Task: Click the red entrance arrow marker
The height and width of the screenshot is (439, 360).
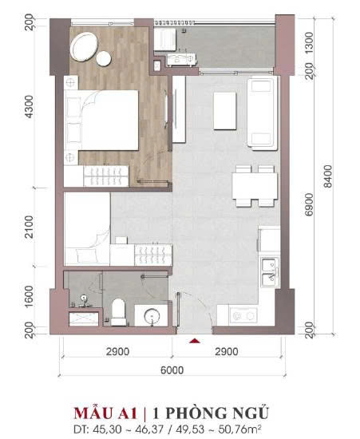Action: pos(196,341)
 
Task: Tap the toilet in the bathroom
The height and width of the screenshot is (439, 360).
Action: pos(118,312)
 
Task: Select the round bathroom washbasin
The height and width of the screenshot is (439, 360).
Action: pos(152,316)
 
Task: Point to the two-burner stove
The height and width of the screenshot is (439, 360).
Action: pos(243,316)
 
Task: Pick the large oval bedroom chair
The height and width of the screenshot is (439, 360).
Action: pos(84,47)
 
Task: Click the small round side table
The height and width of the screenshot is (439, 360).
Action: pos(104,58)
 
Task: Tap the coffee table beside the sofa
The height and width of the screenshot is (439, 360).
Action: pos(225,111)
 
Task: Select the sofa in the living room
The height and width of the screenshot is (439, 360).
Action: pos(263,113)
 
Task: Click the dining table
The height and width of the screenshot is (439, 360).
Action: pos(255,186)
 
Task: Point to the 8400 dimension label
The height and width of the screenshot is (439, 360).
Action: pos(327,176)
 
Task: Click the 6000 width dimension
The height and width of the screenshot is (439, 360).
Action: pos(172,370)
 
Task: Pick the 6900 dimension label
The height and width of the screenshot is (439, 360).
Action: pos(309,204)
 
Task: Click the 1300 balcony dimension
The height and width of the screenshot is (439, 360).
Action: pos(309,43)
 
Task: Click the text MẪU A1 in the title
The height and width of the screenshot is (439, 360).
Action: pos(105,413)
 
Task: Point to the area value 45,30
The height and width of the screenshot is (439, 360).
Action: pos(103,429)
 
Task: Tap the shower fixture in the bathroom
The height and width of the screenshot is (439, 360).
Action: pos(83,301)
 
